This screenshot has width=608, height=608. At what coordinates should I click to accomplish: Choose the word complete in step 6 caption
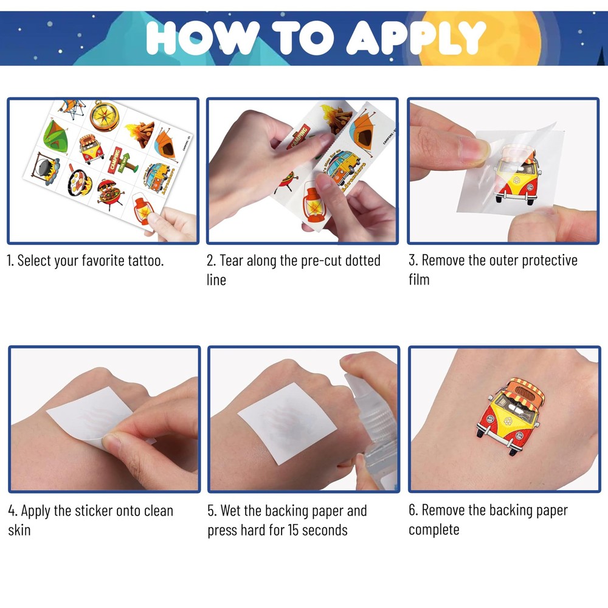434,530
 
